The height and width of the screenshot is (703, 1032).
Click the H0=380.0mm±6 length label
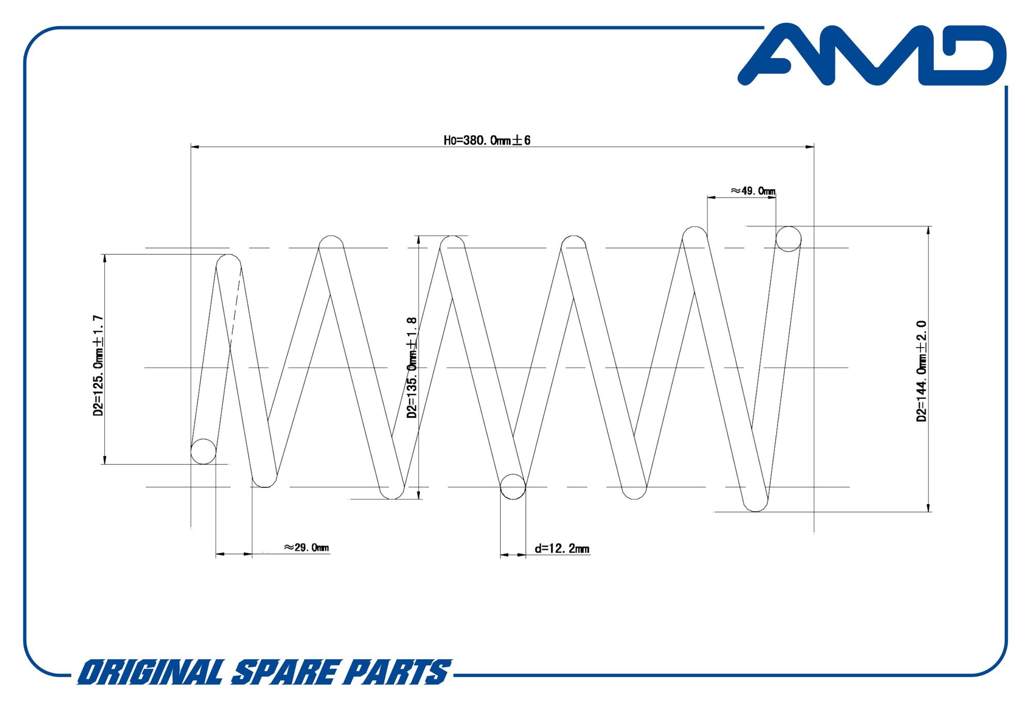click(487, 140)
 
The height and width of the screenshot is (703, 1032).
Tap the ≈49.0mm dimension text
click(753, 191)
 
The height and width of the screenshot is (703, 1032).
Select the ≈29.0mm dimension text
click(306, 547)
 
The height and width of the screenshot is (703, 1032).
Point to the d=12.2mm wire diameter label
click(562, 548)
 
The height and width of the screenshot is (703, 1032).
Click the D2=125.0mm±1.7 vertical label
click(98, 366)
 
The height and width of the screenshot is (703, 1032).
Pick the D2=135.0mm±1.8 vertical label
click(412, 368)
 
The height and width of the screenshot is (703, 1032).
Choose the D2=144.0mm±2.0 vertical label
click(922, 371)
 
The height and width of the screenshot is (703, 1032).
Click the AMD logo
click(872, 55)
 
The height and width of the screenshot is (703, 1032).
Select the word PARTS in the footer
click(396, 673)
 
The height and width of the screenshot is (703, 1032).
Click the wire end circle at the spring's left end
click(203, 452)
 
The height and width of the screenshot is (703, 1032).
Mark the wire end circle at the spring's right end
click(788, 239)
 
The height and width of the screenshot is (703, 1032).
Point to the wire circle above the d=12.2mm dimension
click(513, 487)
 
